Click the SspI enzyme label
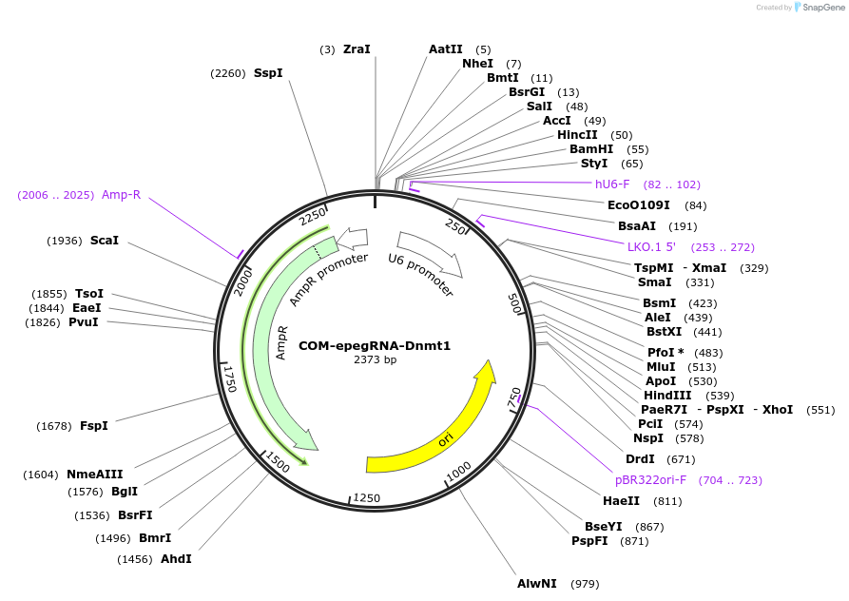(x=268, y=73)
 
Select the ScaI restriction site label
(x=105, y=241)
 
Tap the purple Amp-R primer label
(x=121, y=195)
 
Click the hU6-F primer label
(x=612, y=184)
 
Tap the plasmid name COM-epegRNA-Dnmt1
(x=375, y=346)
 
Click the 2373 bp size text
(x=375, y=360)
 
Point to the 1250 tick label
(x=367, y=498)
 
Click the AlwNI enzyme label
(x=537, y=583)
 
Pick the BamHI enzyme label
(x=591, y=149)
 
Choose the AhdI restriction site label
(x=176, y=558)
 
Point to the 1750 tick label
(x=229, y=377)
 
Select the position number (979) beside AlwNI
(x=585, y=584)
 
